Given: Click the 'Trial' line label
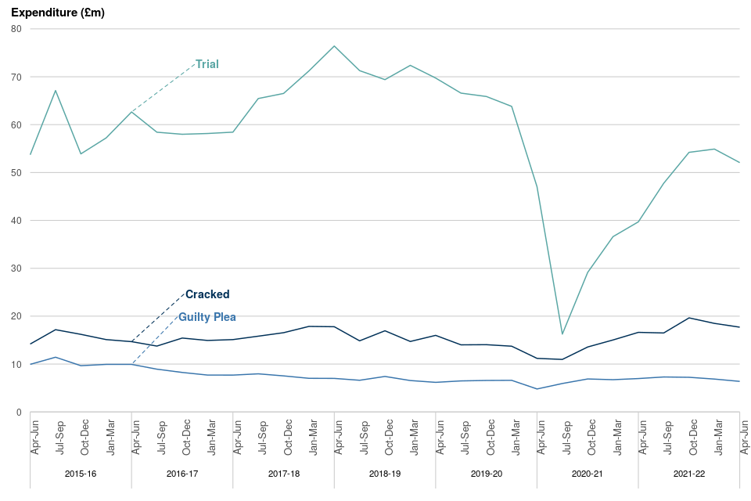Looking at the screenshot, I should click(x=207, y=64).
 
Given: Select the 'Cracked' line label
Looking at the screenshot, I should click(x=207, y=294).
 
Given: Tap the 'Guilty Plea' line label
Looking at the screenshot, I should click(x=207, y=317).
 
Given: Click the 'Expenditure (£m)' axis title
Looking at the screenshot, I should click(x=57, y=13).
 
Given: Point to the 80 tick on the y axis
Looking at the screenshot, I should click(x=16, y=29).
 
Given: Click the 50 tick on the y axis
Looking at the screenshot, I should click(x=16, y=173).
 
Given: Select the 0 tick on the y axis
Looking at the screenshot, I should click(x=18, y=413).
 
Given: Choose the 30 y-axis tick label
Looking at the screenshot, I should click(x=16, y=269).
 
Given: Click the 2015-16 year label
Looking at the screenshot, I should click(x=81, y=474).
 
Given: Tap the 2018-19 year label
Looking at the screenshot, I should click(x=385, y=474).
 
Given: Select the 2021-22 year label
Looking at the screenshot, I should click(x=689, y=474).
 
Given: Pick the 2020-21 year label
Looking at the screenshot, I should click(x=588, y=474).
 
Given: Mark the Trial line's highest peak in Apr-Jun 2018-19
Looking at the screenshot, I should click(x=335, y=46).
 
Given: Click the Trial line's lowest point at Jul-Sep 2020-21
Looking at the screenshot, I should click(x=562, y=334).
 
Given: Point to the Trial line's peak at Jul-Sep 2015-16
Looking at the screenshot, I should click(x=56, y=90).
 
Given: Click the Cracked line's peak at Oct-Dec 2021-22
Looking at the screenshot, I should click(x=689, y=318).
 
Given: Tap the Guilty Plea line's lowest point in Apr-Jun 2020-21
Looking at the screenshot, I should click(x=537, y=389).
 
